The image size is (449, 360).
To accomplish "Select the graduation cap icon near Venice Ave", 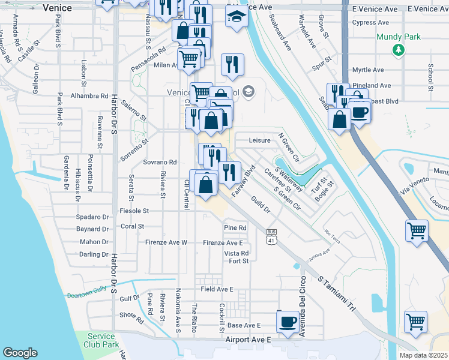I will [237, 17].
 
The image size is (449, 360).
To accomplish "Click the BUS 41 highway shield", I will [272, 237].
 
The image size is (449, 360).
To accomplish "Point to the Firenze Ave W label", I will [166, 242].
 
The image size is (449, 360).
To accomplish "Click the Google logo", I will [20, 353].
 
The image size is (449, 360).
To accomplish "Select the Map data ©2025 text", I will [423, 355].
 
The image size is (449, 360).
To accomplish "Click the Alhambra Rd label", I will [89, 95].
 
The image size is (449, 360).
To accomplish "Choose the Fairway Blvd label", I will [246, 178].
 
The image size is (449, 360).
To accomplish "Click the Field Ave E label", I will [217, 289].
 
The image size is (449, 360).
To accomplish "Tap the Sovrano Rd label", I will [160, 162].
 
